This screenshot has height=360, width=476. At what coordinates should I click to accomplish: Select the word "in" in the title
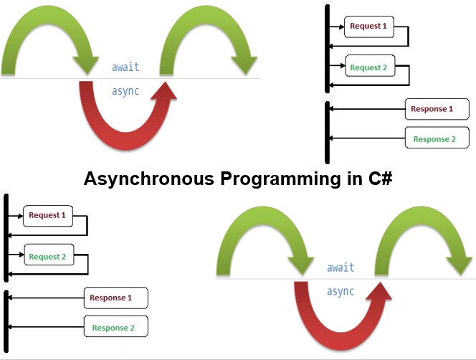click(x=348, y=179)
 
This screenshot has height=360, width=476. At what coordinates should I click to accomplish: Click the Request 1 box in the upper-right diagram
click(x=368, y=27)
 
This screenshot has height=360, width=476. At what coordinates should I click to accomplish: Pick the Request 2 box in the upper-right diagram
click(x=368, y=67)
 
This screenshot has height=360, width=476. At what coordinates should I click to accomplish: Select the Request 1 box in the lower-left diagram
click(x=47, y=215)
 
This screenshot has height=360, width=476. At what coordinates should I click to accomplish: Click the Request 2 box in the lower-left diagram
click(x=47, y=256)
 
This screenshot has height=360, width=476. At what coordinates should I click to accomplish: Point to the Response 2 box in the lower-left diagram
click(x=115, y=328)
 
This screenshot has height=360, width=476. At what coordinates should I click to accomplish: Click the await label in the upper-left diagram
click(x=125, y=67)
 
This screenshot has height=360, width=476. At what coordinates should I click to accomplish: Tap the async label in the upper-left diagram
click(x=125, y=90)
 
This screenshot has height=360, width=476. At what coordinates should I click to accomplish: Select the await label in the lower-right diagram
click(x=341, y=268)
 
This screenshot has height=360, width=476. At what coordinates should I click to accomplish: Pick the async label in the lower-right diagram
click(x=341, y=291)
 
